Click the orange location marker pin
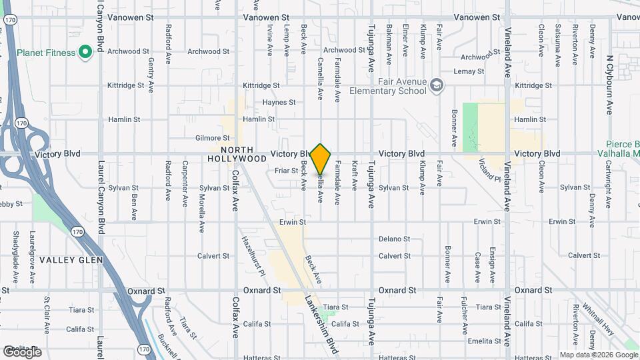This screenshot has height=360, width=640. coord(321,159)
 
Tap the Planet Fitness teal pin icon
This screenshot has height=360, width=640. coord(85,51)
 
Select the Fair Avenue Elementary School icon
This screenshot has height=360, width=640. coord(436,85)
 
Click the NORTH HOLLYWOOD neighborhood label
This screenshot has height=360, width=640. coord(237,155)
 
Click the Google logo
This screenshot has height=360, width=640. coord(22,351)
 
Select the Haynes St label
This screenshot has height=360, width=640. coord(279,103)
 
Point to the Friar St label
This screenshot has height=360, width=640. coord(286,171)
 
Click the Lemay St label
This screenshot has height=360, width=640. coord(469,71)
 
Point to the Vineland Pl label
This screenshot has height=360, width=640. coord(489,170)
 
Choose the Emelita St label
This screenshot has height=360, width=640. coord(484,341)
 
